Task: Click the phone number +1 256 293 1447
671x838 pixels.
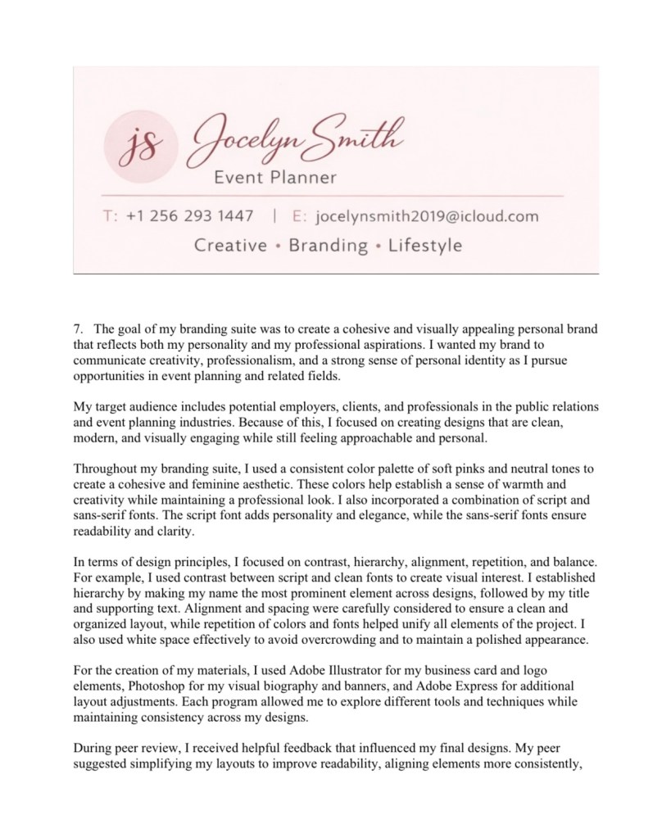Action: (189, 217)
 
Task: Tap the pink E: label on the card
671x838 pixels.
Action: (298, 217)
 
